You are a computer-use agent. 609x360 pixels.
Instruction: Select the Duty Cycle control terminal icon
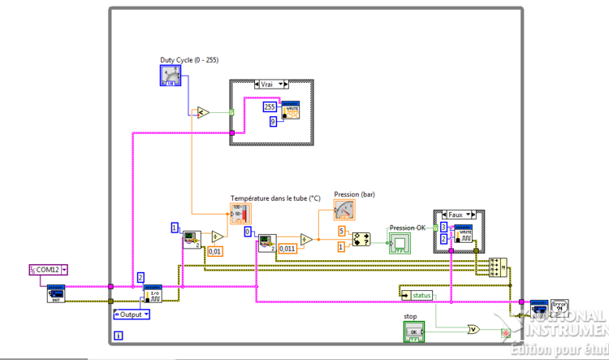[x=170, y=76]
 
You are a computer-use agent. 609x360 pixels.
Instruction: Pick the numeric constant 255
[x=270, y=106]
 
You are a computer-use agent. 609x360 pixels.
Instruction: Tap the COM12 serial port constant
[x=49, y=269]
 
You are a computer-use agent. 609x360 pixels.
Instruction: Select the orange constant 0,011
[x=287, y=249]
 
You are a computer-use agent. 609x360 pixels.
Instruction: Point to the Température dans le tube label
[x=275, y=198]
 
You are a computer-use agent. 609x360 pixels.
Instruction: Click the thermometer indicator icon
[x=241, y=214]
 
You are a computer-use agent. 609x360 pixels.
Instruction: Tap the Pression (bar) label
[x=354, y=194]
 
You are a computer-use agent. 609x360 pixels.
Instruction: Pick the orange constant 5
[x=343, y=232]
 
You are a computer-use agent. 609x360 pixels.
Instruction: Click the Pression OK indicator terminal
[x=400, y=242]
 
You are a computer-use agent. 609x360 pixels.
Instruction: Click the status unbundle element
[x=421, y=295]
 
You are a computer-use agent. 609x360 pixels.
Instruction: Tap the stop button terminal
[x=415, y=331]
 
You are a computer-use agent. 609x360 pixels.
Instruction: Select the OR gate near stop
[x=473, y=329]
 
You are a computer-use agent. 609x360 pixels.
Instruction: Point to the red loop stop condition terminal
[x=505, y=332]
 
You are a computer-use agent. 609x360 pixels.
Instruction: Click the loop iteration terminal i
[x=119, y=335]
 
